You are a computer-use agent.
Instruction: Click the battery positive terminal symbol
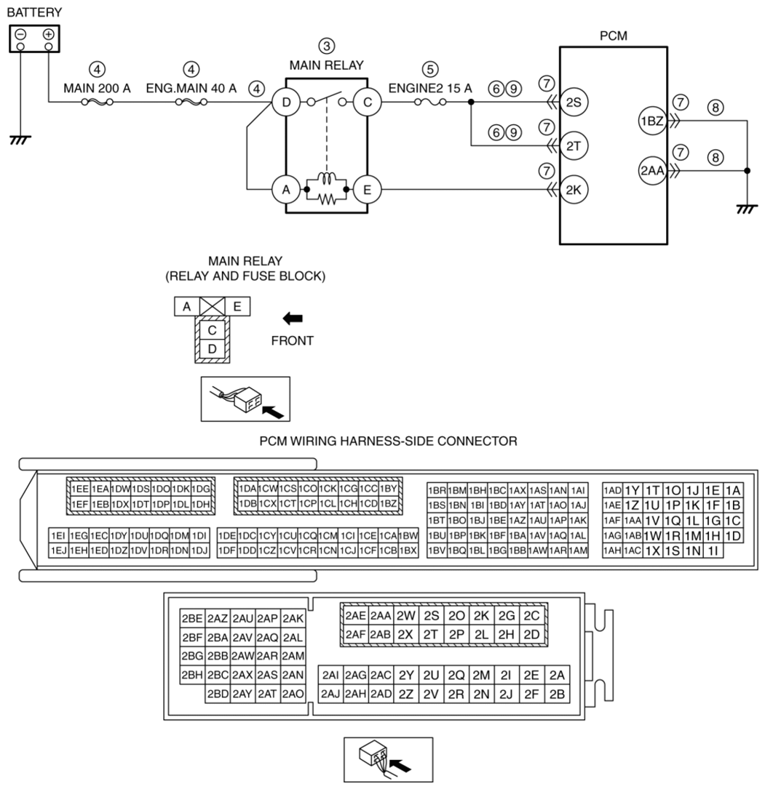(48, 34)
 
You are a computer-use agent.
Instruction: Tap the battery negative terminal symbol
(20, 34)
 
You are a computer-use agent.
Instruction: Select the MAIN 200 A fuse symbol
(97, 102)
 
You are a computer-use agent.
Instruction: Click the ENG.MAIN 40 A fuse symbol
(191, 102)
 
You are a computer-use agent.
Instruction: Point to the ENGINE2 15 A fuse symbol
(430, 102)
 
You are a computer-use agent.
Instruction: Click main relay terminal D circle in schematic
(286, 103)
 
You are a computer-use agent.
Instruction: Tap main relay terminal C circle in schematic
(367, 103)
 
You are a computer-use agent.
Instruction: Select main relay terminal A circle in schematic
(286, 190)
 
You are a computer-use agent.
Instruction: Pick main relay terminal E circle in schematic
(367, 190)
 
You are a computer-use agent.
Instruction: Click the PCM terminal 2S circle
(574, 102)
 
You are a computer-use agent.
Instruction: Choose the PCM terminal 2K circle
(574, 190)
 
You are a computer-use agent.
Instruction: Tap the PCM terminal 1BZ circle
(652, 121)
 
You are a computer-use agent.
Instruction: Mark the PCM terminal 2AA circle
(652, 171)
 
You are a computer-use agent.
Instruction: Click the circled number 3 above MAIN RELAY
(326, 47)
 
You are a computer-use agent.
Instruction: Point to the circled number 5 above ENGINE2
(429, 69)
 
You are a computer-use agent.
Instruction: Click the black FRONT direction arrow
(293, 319)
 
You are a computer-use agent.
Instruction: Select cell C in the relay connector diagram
(212, 331)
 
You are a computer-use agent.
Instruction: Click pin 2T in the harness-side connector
(431, 635)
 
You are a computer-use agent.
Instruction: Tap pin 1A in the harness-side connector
(733, 491)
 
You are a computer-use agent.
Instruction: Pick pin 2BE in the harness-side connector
(192, 618)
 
